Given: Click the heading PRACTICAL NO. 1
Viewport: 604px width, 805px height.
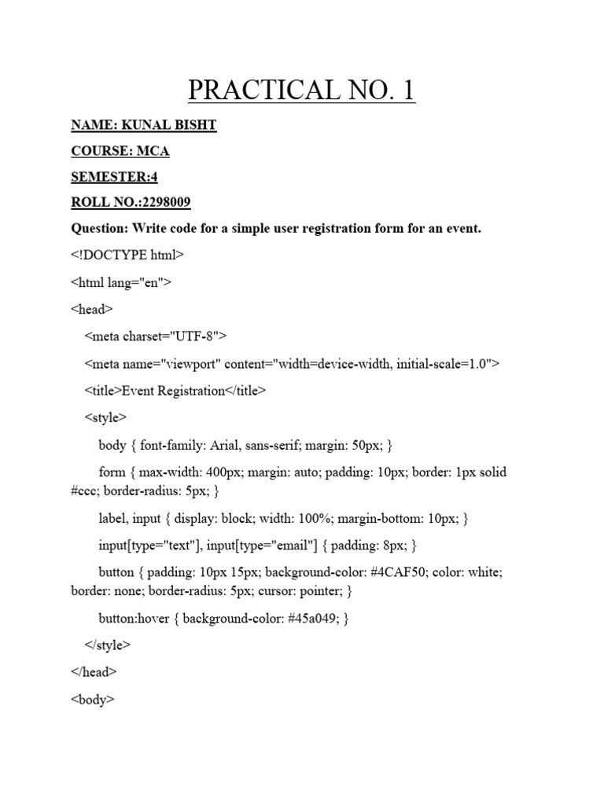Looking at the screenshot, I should (301, 91).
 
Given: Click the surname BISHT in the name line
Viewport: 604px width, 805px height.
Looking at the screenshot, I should (193, 126).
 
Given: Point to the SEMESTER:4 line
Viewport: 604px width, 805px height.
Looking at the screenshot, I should (114, 177).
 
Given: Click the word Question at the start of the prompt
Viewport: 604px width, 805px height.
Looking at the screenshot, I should (98, 229).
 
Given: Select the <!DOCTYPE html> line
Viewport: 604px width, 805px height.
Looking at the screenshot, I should (127, 255).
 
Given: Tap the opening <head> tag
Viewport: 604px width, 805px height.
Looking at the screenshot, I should (92, 310).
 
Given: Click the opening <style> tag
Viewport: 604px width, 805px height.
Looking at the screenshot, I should (105, 417).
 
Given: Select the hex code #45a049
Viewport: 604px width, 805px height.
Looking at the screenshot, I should (318, 618).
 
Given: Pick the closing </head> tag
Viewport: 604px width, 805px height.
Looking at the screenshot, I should (94, 672).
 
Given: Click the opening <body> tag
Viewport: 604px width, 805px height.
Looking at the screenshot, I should (93, 699).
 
